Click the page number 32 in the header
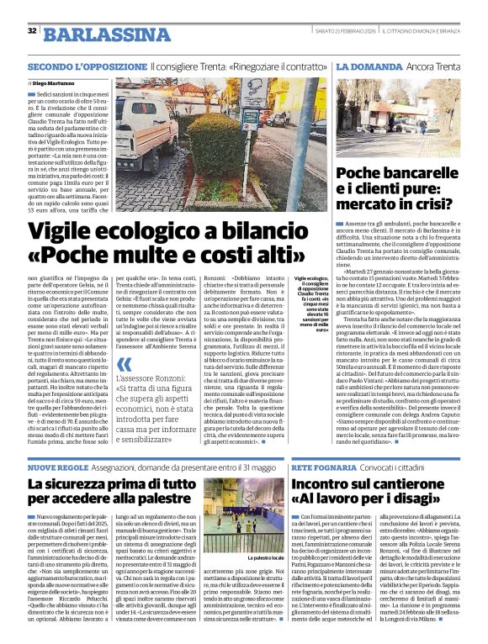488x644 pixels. (32, 31)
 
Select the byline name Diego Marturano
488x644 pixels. (52, 84)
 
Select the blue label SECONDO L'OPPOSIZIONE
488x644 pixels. (87, 65)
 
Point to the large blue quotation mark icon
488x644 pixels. (125, 364)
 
